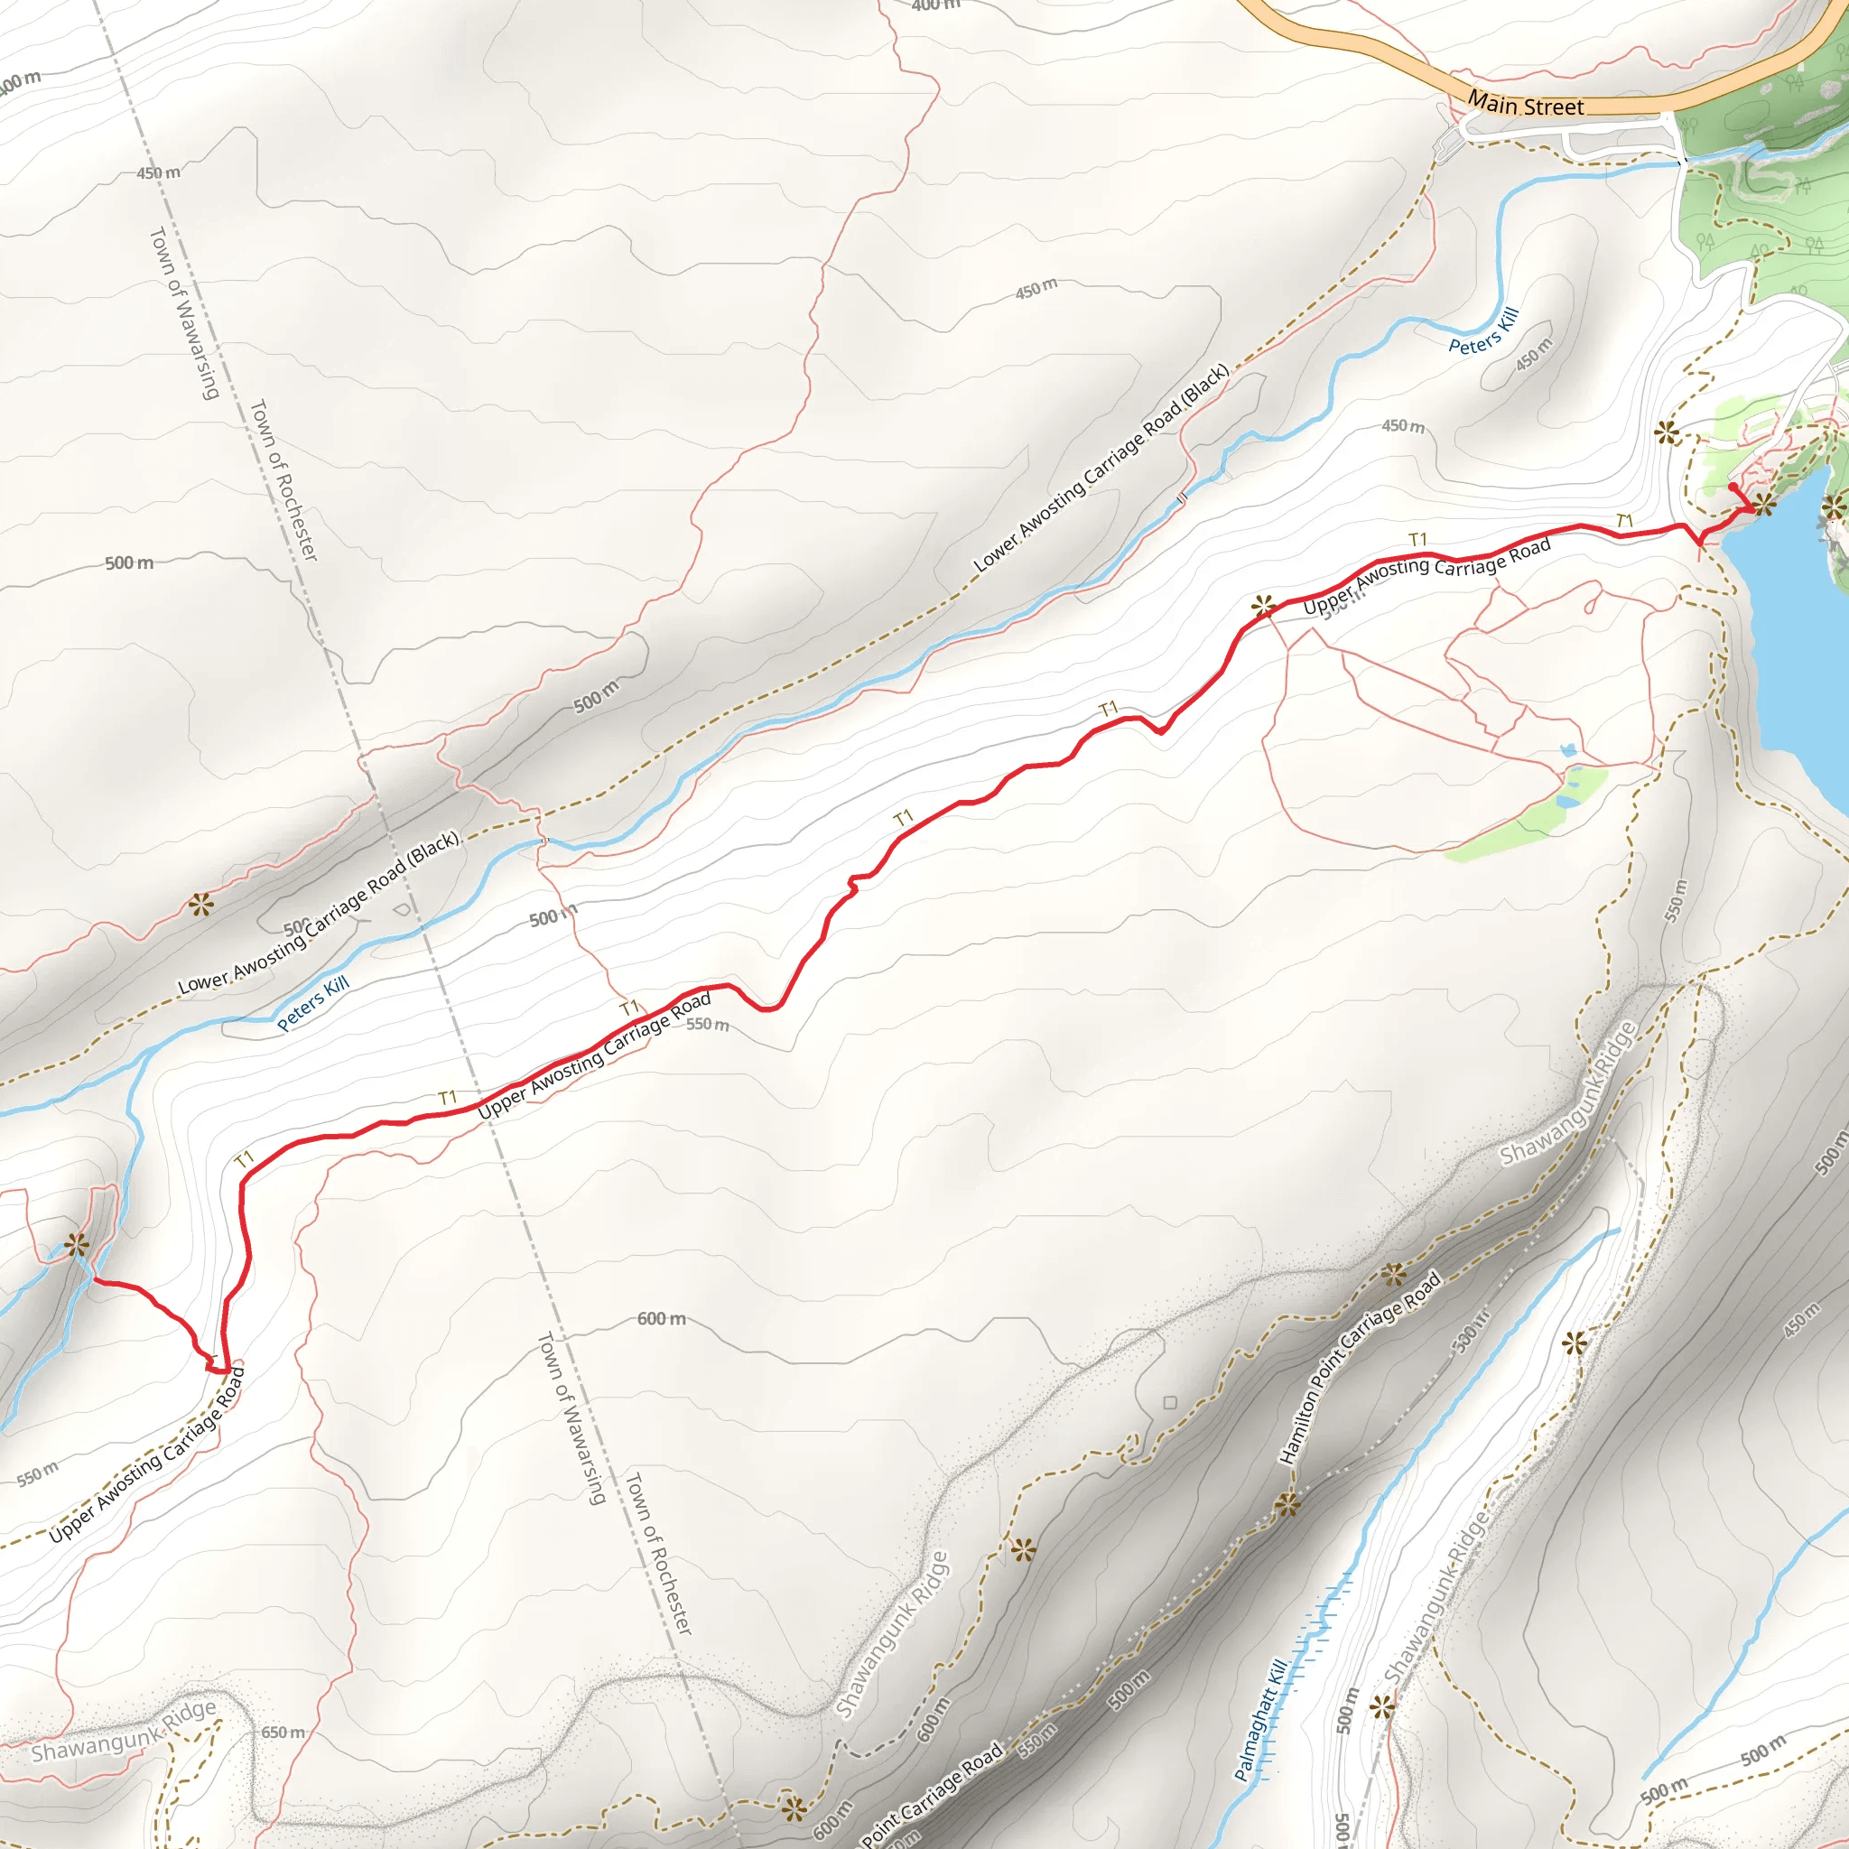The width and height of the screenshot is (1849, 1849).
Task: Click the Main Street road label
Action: pyautogui.click(x=1526, y=105)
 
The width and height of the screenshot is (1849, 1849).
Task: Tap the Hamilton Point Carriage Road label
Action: pyautogui.click(x=1360, y=1368)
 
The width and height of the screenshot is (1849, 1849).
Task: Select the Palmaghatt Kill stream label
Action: pyautogui.click(x=1260, y=1721)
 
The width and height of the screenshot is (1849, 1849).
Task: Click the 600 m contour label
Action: pyautogui.click(x=661, y=1319)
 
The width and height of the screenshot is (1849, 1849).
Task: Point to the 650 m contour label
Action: pyautogui.click(x=283, y=1733)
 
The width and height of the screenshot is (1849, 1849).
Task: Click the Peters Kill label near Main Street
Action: pyautogui.click(x=1483, y=331)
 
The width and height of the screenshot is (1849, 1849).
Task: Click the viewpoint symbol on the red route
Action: pyautogui.click(x=1263, y=606)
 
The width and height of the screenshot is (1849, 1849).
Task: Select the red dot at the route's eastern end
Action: pyautogui.click(x=1733, y=488)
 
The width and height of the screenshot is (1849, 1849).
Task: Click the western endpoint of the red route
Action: pyautogui.click(x=93, y=1280)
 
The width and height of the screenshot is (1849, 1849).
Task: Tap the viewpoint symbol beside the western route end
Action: pyautogui.click(x=77, y=1246)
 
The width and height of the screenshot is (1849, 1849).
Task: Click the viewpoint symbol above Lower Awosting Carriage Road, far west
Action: pyautogui.click(x=200, y=905)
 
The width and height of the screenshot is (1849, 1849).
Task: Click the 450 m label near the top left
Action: pyautogui.click(x=158, y=173)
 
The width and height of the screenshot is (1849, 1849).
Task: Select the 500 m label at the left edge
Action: pyautogui.click(x=129, y=562)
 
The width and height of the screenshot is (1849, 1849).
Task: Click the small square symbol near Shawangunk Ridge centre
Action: pyautogui.click(x=1169, y=1403)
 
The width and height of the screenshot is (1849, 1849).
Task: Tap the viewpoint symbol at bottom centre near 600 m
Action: pyautogui.click(x=794, y=1808)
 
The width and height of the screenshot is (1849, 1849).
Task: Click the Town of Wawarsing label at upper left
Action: pyautogui.click(x=185, y=313)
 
